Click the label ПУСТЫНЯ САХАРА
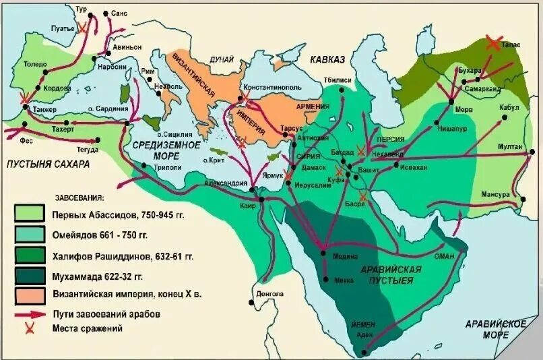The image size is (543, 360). [46, 164]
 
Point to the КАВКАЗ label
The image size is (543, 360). [327, 60]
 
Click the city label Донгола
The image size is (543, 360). [270, 294]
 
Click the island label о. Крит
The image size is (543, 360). [215, 160]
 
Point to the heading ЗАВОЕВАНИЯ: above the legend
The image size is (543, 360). [79, 198]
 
